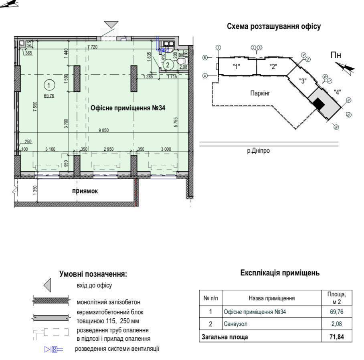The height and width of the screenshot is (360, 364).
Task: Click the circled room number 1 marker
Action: click(x=49, y=85)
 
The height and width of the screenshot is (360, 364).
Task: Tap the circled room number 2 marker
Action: click(x=168, y=64)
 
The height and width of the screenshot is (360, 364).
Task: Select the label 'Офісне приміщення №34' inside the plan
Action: click(x=128, y=107)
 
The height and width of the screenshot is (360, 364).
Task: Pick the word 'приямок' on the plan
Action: click(x=85, y=191)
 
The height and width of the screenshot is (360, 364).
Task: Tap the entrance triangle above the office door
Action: click(x=111, y=24)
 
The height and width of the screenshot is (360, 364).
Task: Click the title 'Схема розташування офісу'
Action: click(x=273, y=26)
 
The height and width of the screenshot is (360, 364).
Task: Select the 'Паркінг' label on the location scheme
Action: click(x=261, y=93)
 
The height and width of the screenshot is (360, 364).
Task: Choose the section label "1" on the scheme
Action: click(x=236, y=67)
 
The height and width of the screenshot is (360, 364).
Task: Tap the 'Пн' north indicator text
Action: click(x=336, y=55)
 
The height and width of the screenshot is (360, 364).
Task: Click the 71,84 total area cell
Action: click(x=337, y=336)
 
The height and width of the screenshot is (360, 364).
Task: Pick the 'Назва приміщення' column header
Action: click(x=271, y=298)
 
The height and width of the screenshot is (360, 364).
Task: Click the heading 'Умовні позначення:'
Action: click(x=93, y=274)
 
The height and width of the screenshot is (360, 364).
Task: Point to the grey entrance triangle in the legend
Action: click(x=47, y=285)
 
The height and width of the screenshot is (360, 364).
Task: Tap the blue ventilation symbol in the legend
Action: click(x=54, y=349)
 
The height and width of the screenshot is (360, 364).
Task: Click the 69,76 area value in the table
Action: click(x=337, y=311)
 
